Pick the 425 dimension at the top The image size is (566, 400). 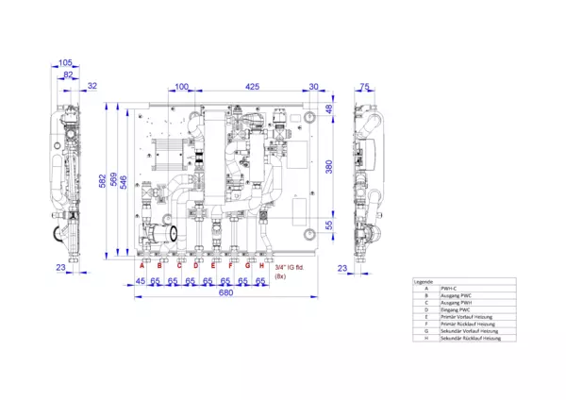click(252, 86)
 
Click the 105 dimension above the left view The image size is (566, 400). click(66, 64)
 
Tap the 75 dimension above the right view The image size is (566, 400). click(365, 86)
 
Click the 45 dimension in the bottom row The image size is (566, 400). click(140, 281)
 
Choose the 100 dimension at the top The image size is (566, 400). click(181, 86)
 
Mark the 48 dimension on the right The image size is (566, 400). click(329, 108)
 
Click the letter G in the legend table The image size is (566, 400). click(426, 330)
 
